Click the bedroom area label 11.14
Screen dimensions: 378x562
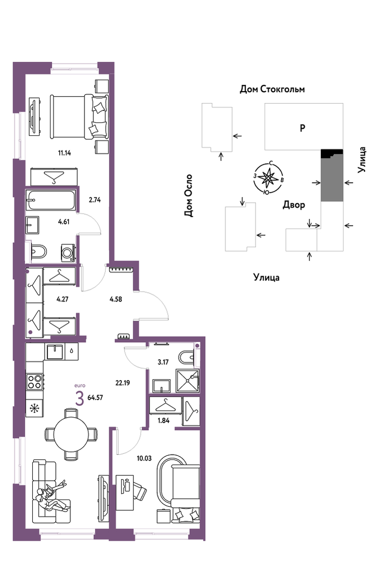tap(65, 153)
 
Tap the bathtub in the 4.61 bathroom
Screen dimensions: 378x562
tap(52, 201)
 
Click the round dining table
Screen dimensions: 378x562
tap(71, 434)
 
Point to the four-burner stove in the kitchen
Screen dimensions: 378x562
tap(34, 381)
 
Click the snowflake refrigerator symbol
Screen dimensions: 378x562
tap(34, 408)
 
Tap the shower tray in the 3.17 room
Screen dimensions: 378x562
tap(187, 381)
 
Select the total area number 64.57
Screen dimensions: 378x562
tap(95, 397)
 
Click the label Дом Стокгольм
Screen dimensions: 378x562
tap(272, 89)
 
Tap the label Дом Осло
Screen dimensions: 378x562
tap(188, 196)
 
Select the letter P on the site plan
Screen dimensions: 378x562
tap(303, 128)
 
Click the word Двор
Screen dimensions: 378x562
tap(294, 205)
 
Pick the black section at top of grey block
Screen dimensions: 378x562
tap(332, 153)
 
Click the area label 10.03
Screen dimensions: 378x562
tap(144, 458)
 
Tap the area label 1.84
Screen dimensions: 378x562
tap(163, 421)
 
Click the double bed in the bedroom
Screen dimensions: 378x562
tap(79, 117)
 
